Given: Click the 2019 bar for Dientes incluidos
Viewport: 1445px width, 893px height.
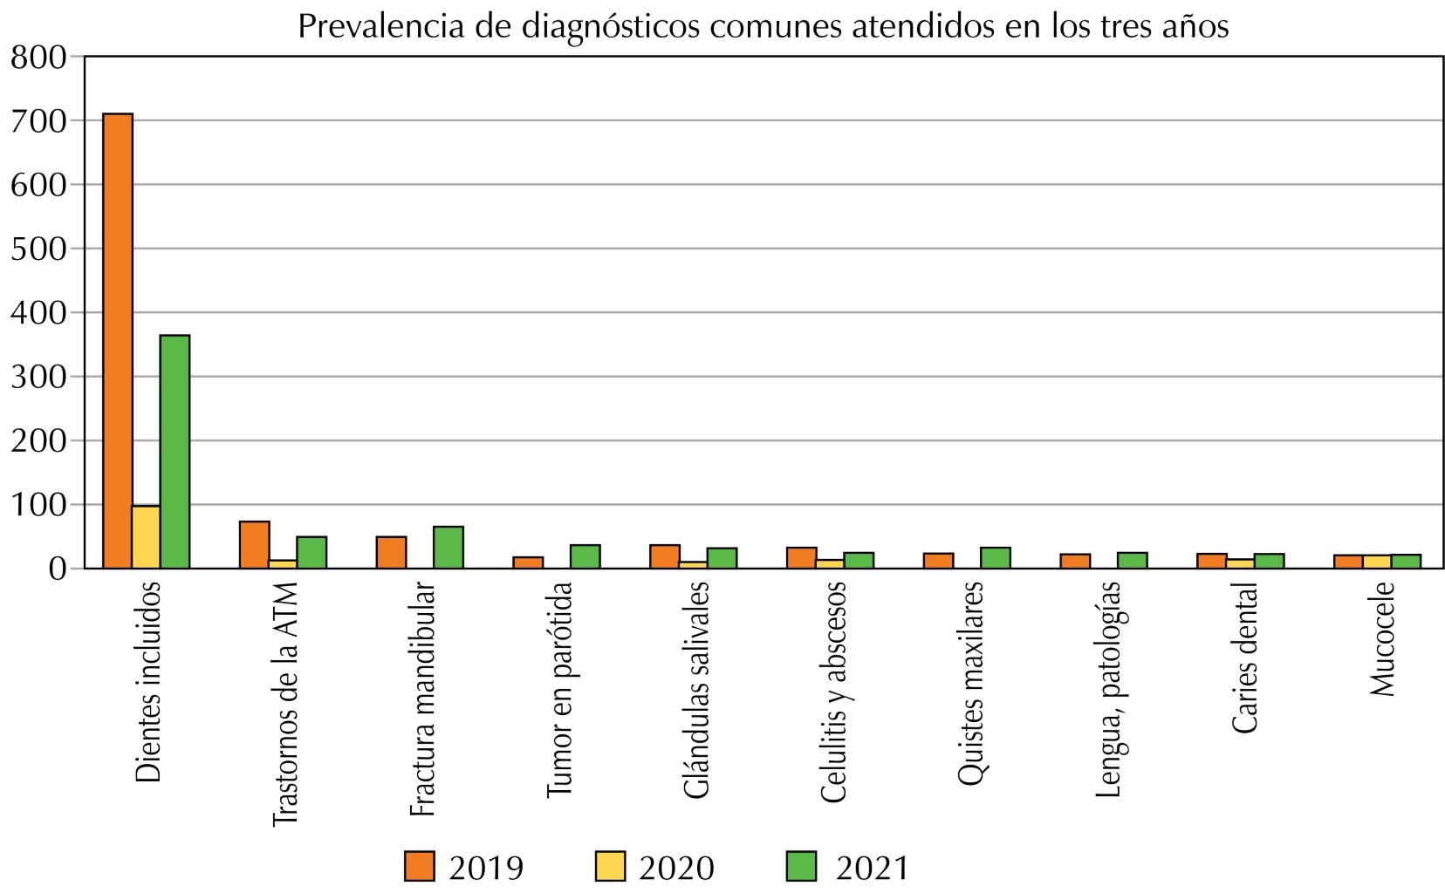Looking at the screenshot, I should (x=118, y=340).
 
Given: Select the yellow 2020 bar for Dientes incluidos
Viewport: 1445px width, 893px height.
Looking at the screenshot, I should (x=146, y=536).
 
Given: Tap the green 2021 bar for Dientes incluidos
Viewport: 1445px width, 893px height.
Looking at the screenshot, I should (x=175, y=451).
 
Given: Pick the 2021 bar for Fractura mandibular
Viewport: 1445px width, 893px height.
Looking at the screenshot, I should (x=448, y=547).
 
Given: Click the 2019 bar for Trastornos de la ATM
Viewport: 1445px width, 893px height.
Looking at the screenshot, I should (x=254, y=544).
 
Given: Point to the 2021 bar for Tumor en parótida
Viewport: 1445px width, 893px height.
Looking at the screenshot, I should (x=585, y=556).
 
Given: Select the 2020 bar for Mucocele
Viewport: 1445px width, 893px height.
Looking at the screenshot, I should (x=1377, y=562).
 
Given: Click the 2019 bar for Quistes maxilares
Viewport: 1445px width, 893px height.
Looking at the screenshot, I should (x=938, y=560).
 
